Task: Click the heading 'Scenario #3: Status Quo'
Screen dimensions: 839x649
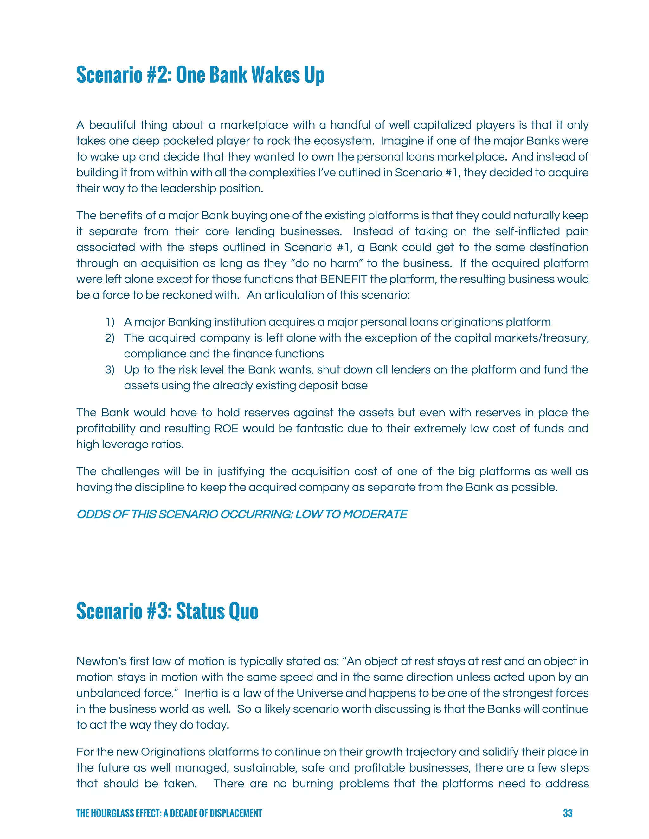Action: [167, 611]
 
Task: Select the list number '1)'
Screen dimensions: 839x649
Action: [110, 322]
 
